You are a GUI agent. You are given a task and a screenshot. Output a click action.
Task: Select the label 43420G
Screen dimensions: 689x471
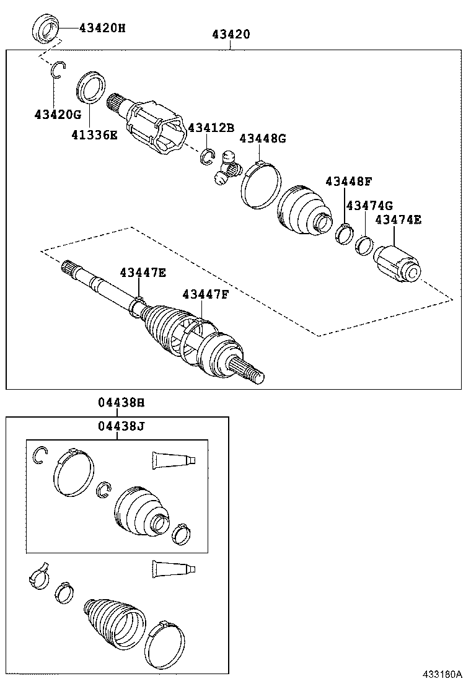[58, 115]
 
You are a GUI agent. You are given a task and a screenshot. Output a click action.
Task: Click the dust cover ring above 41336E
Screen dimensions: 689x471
[92, 87]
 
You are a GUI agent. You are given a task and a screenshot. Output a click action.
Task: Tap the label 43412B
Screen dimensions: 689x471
[211, 128]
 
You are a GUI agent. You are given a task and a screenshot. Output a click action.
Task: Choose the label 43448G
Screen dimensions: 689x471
[262, 139]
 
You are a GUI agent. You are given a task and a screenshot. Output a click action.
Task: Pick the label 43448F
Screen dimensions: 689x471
[348, 182]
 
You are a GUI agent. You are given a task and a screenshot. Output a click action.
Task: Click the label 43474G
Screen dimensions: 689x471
[369, 205]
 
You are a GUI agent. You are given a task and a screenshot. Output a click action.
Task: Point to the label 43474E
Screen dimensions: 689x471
[398, 219]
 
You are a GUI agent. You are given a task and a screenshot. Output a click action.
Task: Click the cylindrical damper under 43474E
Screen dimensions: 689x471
[397, 265]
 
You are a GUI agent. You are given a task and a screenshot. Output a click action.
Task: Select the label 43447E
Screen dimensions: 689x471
[143, 272]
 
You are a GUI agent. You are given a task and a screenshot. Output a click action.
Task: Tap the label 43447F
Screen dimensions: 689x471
[205, 294]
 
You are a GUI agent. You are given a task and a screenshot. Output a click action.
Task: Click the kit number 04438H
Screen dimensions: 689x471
[121, 403]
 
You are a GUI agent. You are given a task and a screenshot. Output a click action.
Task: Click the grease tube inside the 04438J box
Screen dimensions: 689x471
[174, 459]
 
